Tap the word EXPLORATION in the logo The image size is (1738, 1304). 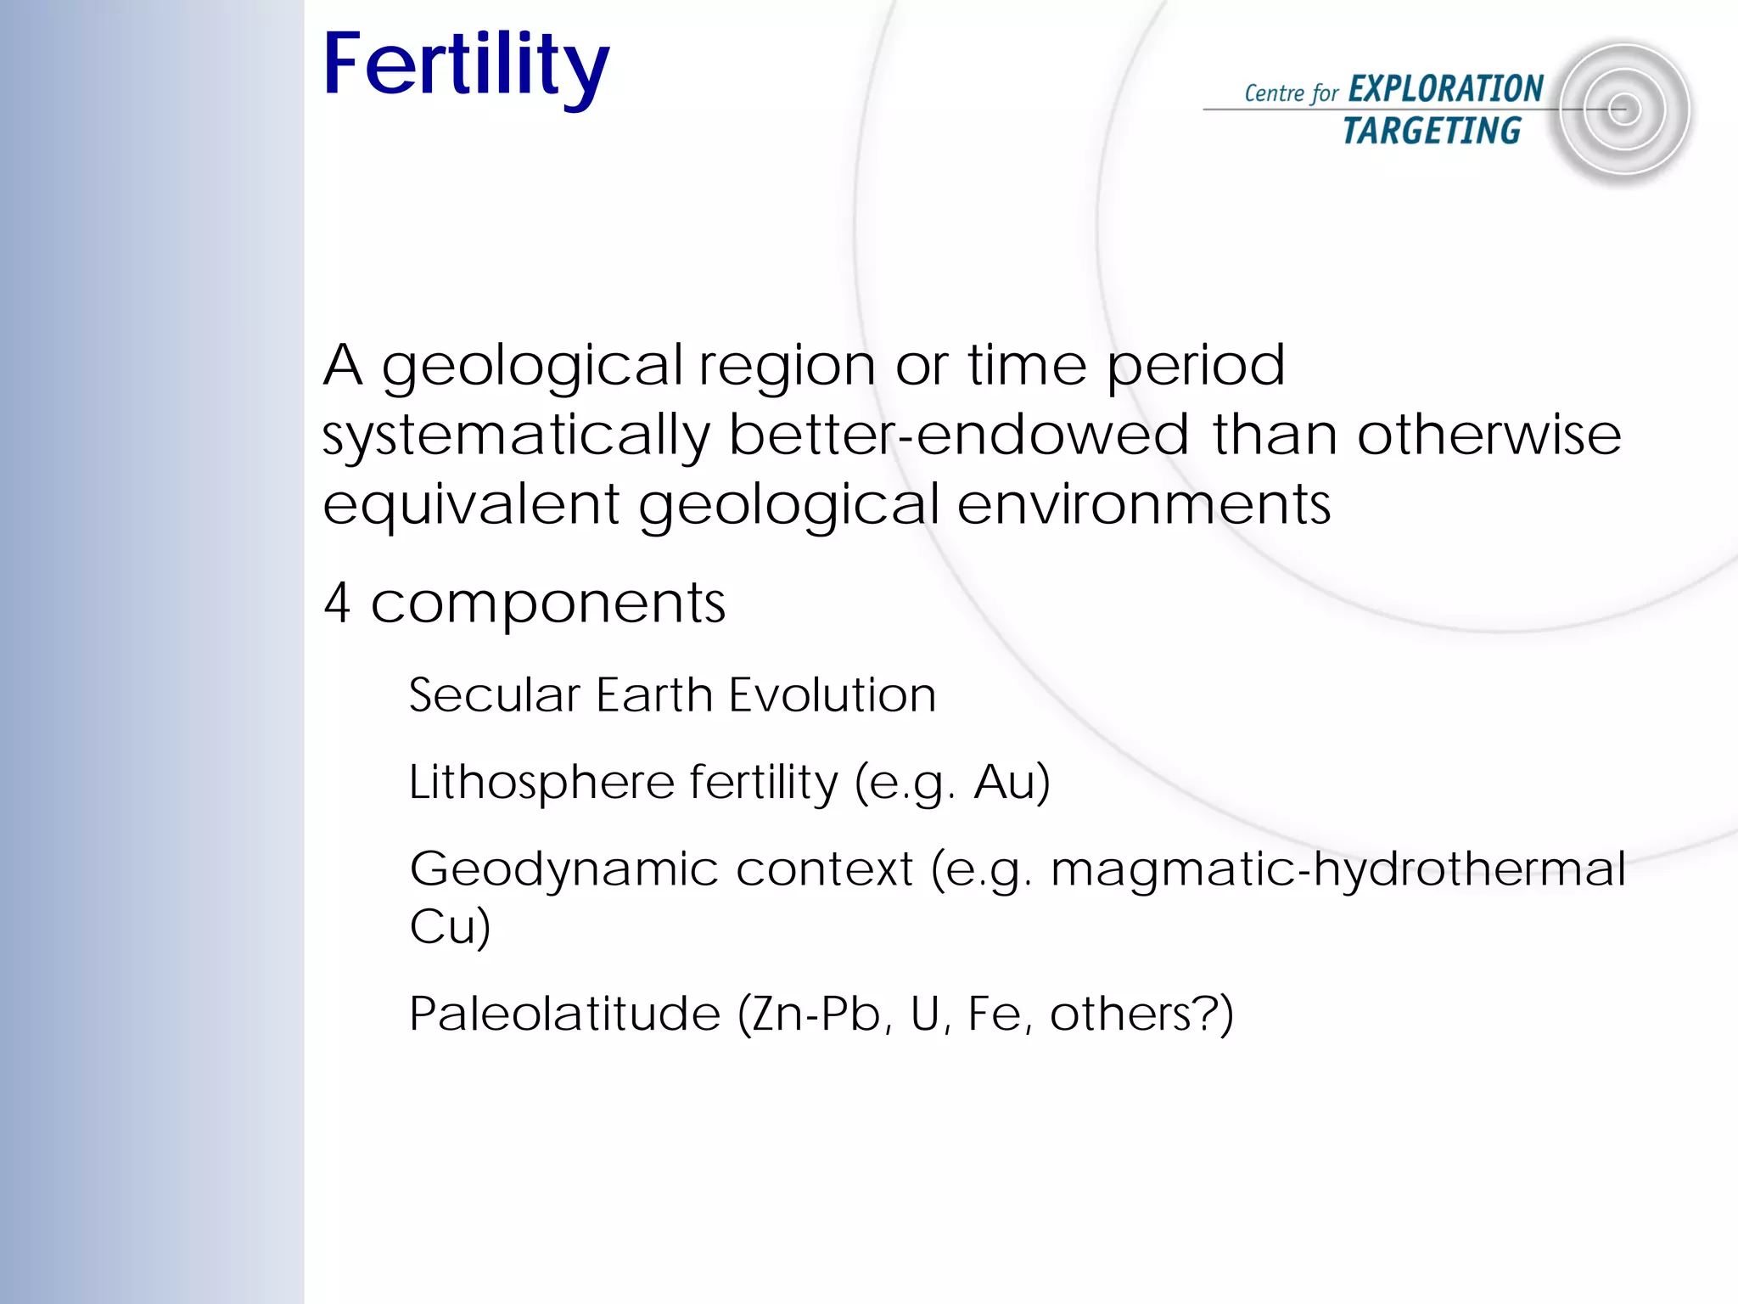(1445, 89)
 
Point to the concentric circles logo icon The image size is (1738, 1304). (1623, 110)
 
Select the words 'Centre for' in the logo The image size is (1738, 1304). (1291, 93)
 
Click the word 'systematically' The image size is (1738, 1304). (515, 436)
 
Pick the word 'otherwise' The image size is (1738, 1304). (1489, 435)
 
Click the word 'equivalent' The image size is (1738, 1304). (471, 504)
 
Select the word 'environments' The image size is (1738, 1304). (1143, 504)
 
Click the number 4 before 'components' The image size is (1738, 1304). (338, 603)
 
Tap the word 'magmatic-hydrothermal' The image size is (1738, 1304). (1337, 868)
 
